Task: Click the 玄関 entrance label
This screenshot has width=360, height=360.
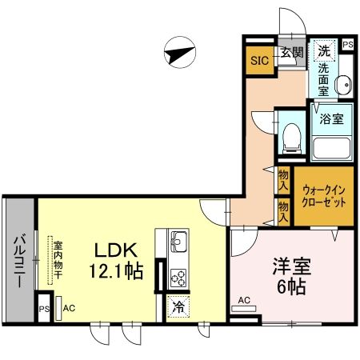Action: pyautogui.click(x=291, y=54)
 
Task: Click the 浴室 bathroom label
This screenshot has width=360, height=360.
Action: pyautogui.click(x=332, y=119)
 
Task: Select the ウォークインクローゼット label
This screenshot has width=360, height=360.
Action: pyautogui.click(x=323, y=196)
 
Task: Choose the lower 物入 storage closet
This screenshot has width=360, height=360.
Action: pyautogui.click(x=283, y=209)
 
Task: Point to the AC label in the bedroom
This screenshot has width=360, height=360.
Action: pyautogui.click(x=245, y=302)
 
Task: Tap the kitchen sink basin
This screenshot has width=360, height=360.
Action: pyautogui.click(x=178, y=238)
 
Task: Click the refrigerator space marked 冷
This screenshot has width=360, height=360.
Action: pyautogui.click(x=178, y=306)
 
